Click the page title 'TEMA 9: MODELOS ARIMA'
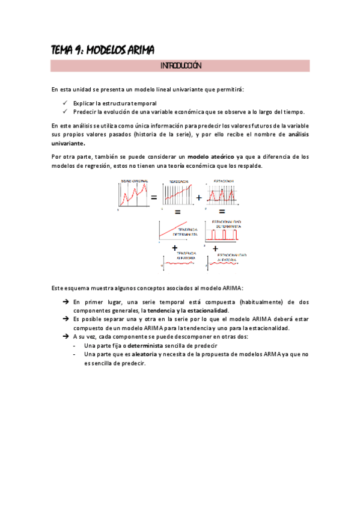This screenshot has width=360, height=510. click(103, 51)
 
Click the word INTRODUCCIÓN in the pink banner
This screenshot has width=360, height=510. click(180, 66)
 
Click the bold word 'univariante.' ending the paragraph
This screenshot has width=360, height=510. click(69, 144)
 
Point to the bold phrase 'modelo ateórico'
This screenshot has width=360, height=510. click(211, 156)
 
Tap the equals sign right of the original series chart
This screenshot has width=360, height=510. click(154, 198)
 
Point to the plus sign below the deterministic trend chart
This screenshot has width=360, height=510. click(175, 247)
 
